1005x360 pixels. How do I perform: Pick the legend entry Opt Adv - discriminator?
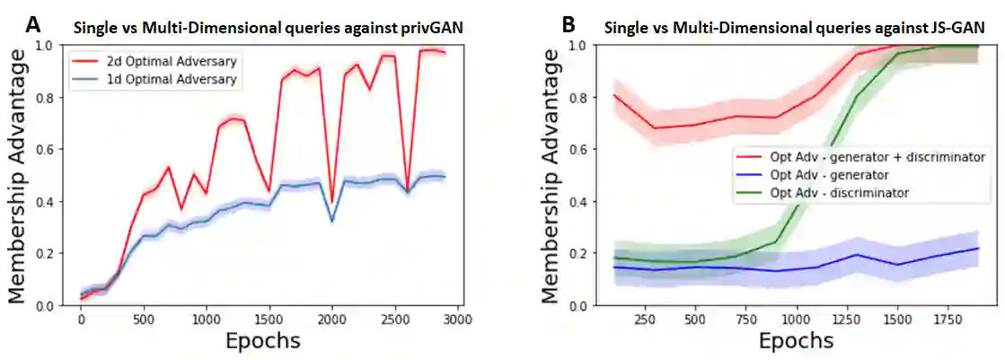(841, 192)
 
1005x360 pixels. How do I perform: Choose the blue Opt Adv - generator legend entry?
(831, 174)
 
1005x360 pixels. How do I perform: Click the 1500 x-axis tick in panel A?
(269, 319)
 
